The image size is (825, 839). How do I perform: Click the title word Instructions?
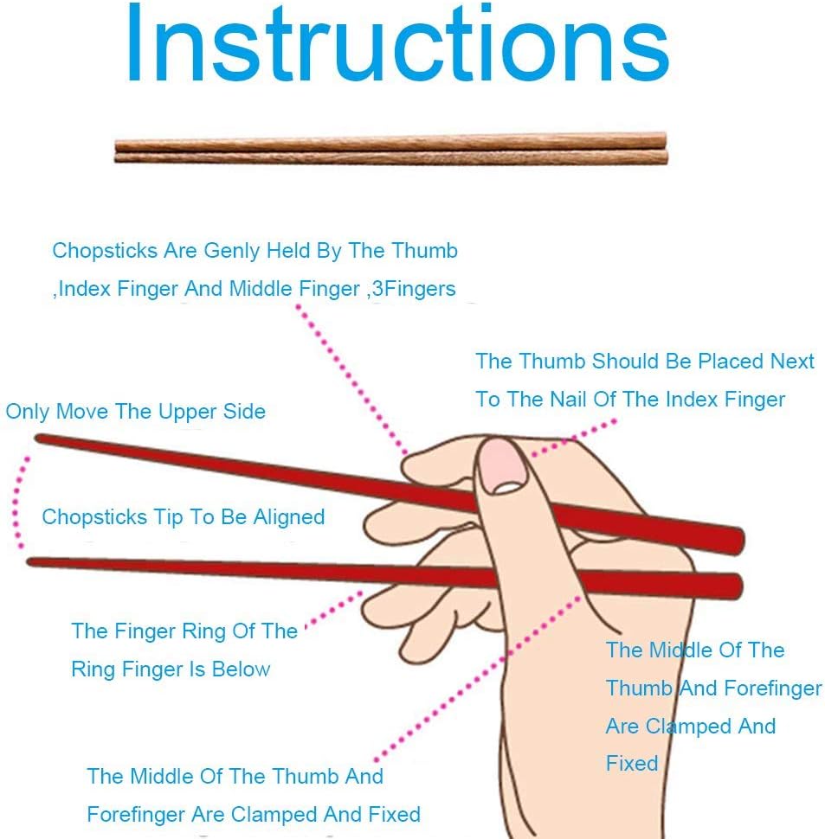coord(397,45)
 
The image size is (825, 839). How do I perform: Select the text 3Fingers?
coord(413,288)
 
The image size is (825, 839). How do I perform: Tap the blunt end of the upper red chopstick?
coord(736,541)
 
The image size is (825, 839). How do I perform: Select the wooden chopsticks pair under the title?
coord(390,148)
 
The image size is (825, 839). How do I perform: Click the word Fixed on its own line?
coord(632,763)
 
